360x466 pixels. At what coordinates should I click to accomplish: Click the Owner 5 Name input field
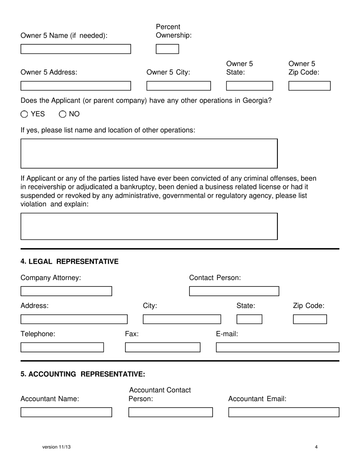click(75, 49)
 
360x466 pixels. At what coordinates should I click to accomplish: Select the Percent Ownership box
click(167, 49)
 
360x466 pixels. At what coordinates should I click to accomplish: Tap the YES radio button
click(24, 114)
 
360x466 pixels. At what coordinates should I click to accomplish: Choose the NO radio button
click(63, 114)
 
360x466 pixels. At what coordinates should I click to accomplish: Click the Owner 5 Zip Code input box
click(309, 86)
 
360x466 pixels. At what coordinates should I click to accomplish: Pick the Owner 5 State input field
click(249, 86)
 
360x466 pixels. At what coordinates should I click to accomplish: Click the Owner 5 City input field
click(178, 86)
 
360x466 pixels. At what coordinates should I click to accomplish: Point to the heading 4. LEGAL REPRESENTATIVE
click(69, 262)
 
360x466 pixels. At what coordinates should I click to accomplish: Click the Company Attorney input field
click(66, 291)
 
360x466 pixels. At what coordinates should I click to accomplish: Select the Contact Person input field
click(234, 291)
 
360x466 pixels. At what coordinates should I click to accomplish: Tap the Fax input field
click(163, 347)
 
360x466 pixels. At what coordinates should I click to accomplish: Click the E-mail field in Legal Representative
click(277, 347)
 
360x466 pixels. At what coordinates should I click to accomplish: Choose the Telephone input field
click(62, 347)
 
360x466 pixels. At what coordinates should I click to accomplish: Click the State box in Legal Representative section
click(249, 319)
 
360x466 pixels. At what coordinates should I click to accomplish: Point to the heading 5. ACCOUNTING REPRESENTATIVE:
click(83, 374)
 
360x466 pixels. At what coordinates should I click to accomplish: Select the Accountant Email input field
click(283, 412)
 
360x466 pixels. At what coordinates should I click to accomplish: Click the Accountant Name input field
click(66, 412)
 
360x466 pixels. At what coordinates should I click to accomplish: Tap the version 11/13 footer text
click(56, 447)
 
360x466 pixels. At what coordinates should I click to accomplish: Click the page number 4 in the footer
click(316, 447)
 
